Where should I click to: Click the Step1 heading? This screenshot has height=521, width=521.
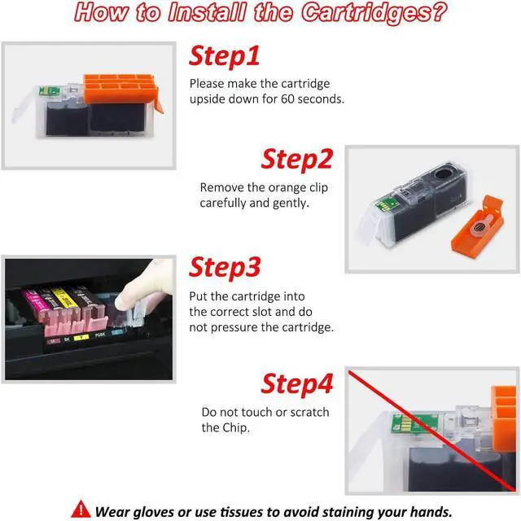pyautogui.click(x=225, y=56)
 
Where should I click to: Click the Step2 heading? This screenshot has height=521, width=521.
pyautogui.click(x=296, y=160)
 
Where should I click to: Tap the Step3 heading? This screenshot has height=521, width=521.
pyautogui.click(x=225, y=268)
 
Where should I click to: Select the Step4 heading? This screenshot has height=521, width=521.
pyautogui.click(x=296, y=384)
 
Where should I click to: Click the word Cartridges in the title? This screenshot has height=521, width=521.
pyautogui.click(x=374, y=13)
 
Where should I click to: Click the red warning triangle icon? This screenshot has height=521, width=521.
pyautogui.click(x=81, y=510)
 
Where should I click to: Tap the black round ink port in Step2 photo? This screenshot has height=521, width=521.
pyautogui.click(x=443, y=173)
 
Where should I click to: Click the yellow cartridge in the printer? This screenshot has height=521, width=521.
pyautogui.click(x=64, y=299)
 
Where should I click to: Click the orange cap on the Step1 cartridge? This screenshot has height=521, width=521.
pyautogui.click(x=120, y=89)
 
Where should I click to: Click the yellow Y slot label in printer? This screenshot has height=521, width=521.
pyautogui.click(x=81, y=338)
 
